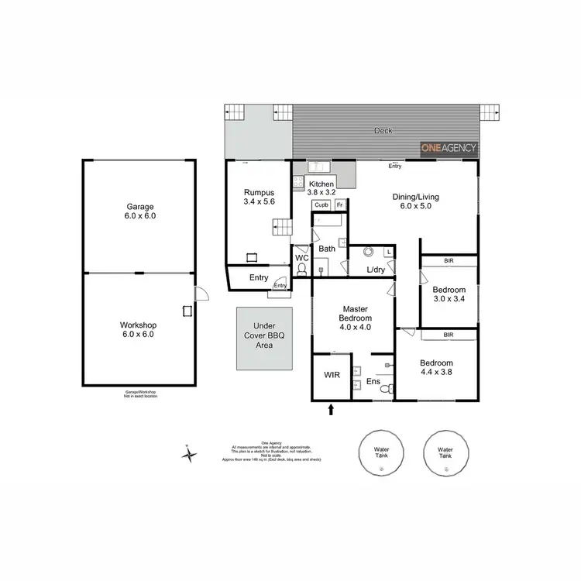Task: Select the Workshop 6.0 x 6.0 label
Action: coord(139,329)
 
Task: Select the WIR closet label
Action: coord(332,375)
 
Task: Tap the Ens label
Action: coord(373,381)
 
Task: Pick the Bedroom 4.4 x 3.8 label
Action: coord(436,368)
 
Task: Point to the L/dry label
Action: coord(376,270)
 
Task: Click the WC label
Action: coord(301,256)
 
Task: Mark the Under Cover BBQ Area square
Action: coord(266,339)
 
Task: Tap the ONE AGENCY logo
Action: coord(449,148)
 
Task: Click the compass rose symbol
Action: coord(188,455)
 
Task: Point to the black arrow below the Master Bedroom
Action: coord(332,409)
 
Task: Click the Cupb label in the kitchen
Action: coord(320,205)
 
